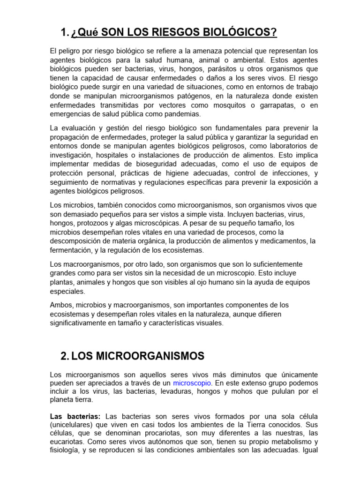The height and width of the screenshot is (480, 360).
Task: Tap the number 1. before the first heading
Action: (65, 32)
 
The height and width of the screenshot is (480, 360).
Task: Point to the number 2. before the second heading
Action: (65, 356)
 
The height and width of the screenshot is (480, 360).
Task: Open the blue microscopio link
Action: (193, 383)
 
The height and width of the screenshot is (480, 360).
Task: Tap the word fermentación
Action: (71, 250)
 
